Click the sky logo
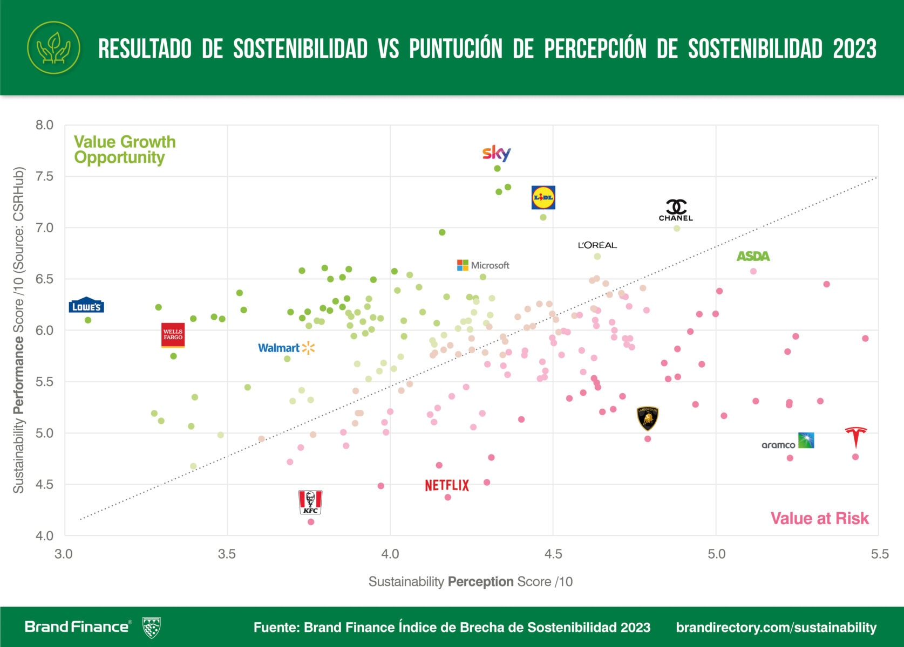click(497, 153)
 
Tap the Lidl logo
click(543, 197)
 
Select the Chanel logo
click(676, 210)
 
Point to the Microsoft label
click(483, 265)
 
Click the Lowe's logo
click(86, 306)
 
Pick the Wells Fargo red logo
click(173, 335)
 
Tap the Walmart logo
click(286, 348)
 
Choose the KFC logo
click(310, 502)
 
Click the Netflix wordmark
click(447, 485)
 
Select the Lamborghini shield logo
click(648, 418)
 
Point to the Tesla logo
click(855, 437)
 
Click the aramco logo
click(787, 442)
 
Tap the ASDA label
click(753, 256)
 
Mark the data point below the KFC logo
click(311, 522)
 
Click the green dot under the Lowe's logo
click(88, 320)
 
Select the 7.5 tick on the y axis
click(44, 176)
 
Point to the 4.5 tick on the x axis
click(553, 554)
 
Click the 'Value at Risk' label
click(819, 518)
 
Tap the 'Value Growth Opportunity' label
click(125, 149)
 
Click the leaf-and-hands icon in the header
click(53, 48)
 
